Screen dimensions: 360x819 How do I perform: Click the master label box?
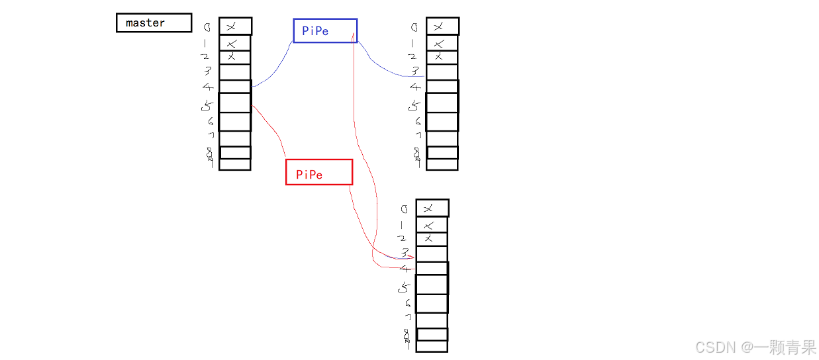[154, 23]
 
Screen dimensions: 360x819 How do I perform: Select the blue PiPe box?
[325, 30]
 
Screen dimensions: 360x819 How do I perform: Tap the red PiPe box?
[318, 172]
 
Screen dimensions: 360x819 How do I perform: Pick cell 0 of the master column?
[235, 26]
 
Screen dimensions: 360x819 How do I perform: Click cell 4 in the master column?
[235, 87]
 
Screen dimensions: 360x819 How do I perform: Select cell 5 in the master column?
[235, 103]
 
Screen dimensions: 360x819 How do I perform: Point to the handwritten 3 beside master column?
[207, 71]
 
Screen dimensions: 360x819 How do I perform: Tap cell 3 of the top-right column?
[442, 71]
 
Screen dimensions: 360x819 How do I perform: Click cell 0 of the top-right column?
[442, 26]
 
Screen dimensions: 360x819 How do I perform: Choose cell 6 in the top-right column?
[442, 122]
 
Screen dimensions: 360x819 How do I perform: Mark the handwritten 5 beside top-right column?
[415, 105]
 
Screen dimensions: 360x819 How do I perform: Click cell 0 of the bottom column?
[432, 208]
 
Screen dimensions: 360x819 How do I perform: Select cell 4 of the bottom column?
[432, 268]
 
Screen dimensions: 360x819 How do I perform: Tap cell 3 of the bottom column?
[432, 253]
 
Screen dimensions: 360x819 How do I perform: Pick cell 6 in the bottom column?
[432, 304]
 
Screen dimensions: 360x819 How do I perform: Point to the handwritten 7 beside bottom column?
[408, 318]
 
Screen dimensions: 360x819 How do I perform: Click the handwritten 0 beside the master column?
[207, 28]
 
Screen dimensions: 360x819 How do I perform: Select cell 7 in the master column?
[235, 138]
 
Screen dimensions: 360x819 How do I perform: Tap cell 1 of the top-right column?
[442, 43]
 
